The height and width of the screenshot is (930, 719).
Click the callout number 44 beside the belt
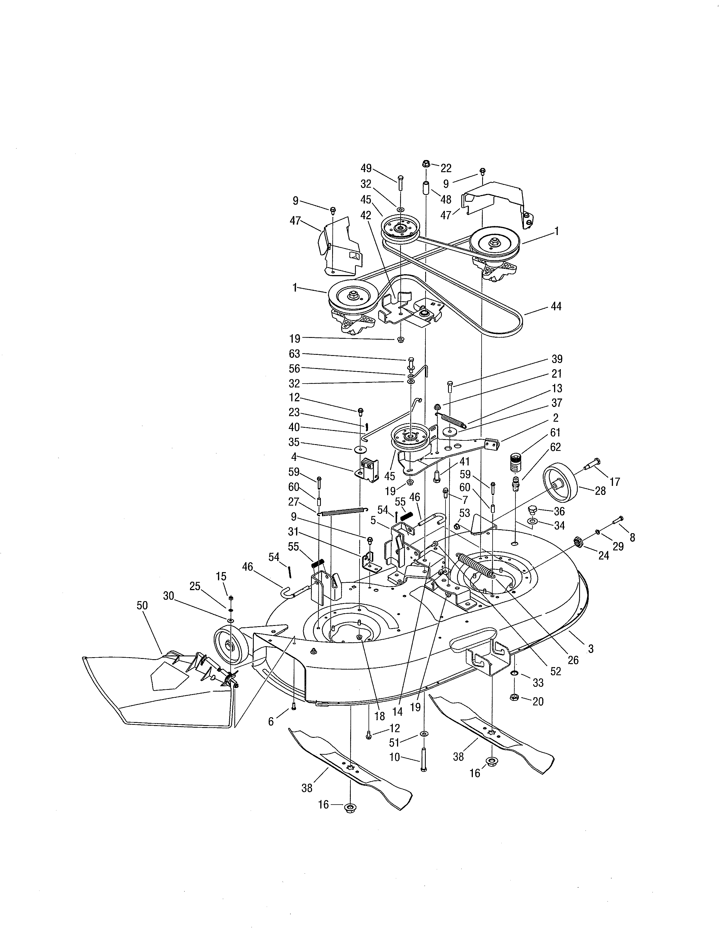556,306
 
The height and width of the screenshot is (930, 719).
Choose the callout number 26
573,660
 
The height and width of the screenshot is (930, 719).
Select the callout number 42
365,216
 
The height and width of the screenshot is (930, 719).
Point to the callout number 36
559,511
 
